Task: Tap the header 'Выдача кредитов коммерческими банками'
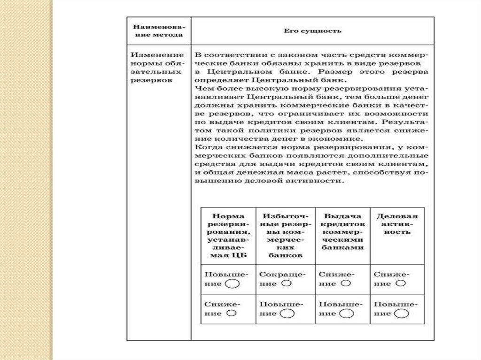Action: coord(342,231)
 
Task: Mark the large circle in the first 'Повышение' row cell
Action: coord(233,284)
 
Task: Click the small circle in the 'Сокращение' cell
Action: coord(286,283)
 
